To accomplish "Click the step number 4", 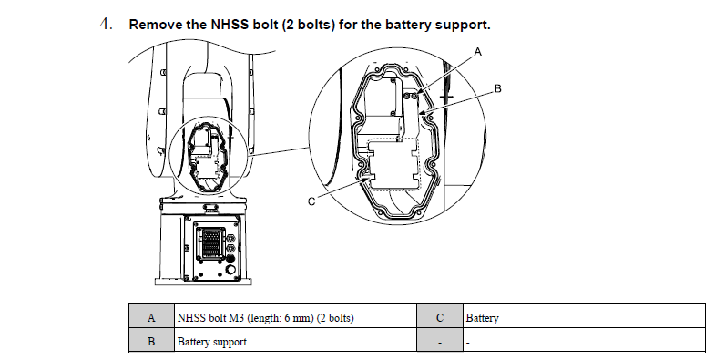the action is tap(106, 24).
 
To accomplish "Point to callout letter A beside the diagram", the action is tap(478, 52).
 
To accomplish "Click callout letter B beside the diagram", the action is tap(498, 88).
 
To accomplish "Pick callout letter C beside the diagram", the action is tap(311, 201).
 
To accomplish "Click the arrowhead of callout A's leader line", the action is tap(417, 93).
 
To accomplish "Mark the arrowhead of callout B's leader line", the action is tap(422, 112).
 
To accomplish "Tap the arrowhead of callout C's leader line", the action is tap(368, 176).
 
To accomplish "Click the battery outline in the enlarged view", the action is tap(393, 164).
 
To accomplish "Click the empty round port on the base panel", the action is tap(229, 270).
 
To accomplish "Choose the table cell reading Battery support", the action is tap(295, 342).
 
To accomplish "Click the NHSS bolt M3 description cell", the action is tap(295, 317).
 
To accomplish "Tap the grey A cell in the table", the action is tap(151, 317).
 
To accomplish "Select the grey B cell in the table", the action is tap(151, 342).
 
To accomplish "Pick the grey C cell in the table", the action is tap(440, 317).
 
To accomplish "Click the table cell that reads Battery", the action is tap(585, 317).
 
